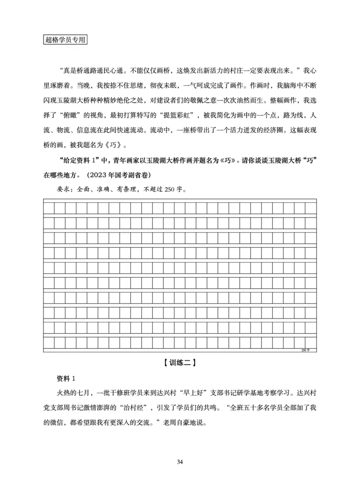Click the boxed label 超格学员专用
(x=65, y=40)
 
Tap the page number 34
(x=180, y=462)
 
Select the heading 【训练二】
(x=180, y=362)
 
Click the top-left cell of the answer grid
(x=49, y=207)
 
